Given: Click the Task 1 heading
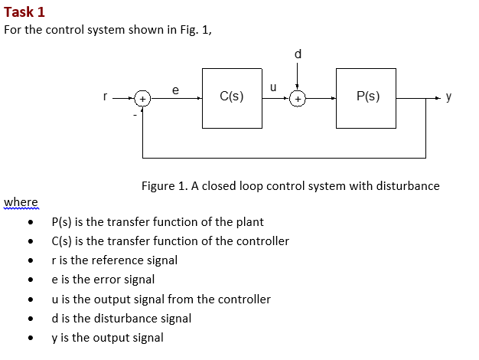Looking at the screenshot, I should pyautogui.click(x=24, y=11).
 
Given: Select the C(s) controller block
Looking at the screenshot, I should pyautogui.click(x=231, y=97).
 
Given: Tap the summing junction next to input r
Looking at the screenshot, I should pyautogui.click(x=142, y=99).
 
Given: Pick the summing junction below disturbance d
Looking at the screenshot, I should pyautogui.click(x=298, y=99).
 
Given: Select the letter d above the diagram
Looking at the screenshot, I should pyautogui.click(x=298, y=54).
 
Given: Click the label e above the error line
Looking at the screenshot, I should pyautogui.click(x=175, y=90).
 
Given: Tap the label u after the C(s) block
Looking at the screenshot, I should pyautogui.click(x=272, y=89).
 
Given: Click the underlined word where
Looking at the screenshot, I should pyautogui.click(x=21, y=201).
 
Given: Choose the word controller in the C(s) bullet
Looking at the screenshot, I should pyautogui.click(x=262, y=241).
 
